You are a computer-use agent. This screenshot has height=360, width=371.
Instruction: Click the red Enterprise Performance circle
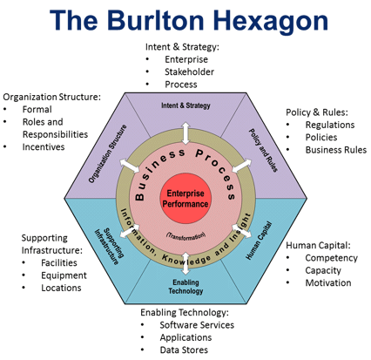point(185,199)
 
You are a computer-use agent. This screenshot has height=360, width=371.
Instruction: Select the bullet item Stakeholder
point(189,71)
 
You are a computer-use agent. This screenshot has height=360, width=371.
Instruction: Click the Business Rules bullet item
point(336,150)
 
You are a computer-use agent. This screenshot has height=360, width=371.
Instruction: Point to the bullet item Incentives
point(44,146)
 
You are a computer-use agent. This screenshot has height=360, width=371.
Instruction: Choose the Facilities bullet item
point(59,262)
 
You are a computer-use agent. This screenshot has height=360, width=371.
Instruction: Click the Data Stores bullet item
point(184,350)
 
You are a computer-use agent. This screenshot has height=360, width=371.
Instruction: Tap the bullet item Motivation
point(328,282)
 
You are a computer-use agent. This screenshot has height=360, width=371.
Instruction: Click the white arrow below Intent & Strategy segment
point(185,133)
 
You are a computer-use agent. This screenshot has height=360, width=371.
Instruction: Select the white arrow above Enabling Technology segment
point(185,263)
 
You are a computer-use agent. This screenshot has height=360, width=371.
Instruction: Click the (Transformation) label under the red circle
point(185,235)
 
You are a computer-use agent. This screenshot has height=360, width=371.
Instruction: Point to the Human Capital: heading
point(318,245)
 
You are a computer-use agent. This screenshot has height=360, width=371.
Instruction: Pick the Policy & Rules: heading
point(317,112)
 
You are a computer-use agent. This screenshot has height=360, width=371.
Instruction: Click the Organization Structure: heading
point(52,97)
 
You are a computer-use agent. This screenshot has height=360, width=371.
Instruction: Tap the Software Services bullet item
point(197,325)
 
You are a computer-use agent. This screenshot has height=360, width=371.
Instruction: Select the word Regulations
point(330,125)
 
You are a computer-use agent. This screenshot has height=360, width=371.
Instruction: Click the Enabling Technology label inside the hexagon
point(185,287)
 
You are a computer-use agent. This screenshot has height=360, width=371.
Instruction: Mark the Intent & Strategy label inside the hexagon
point(185,105)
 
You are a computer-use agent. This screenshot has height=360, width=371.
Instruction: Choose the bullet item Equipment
point(64,275)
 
